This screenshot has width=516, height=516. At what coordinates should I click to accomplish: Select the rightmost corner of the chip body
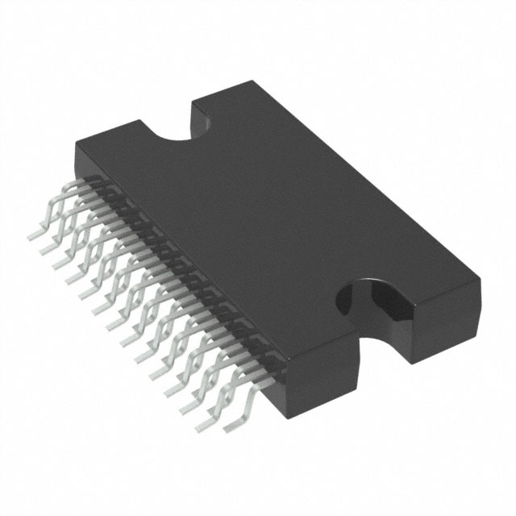(481, 278)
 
